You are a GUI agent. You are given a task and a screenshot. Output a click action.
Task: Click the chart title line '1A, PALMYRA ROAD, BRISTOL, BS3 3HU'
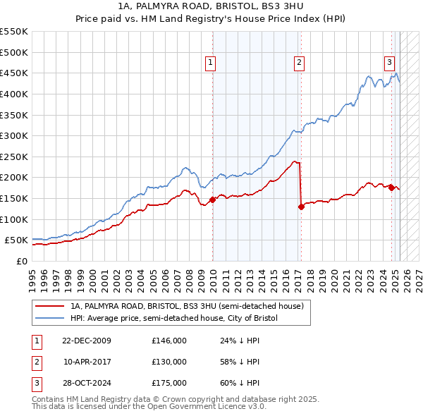(x=211, y=6)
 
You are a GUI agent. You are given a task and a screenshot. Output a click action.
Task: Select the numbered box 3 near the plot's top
(x=389, y=61)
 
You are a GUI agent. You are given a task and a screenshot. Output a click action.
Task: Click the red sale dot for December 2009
(x=213, y=200)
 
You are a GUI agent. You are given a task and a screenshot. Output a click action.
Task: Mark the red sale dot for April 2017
(x=301, y=207)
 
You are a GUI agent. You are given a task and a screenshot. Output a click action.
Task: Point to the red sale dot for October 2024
(x=392, y=188)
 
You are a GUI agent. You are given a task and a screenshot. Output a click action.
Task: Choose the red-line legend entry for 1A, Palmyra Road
(x=187, y=306)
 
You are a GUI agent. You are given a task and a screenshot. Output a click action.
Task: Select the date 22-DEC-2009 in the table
(x=86, y=341)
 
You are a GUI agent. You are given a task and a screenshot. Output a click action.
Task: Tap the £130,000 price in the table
(x=169, y=362)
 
